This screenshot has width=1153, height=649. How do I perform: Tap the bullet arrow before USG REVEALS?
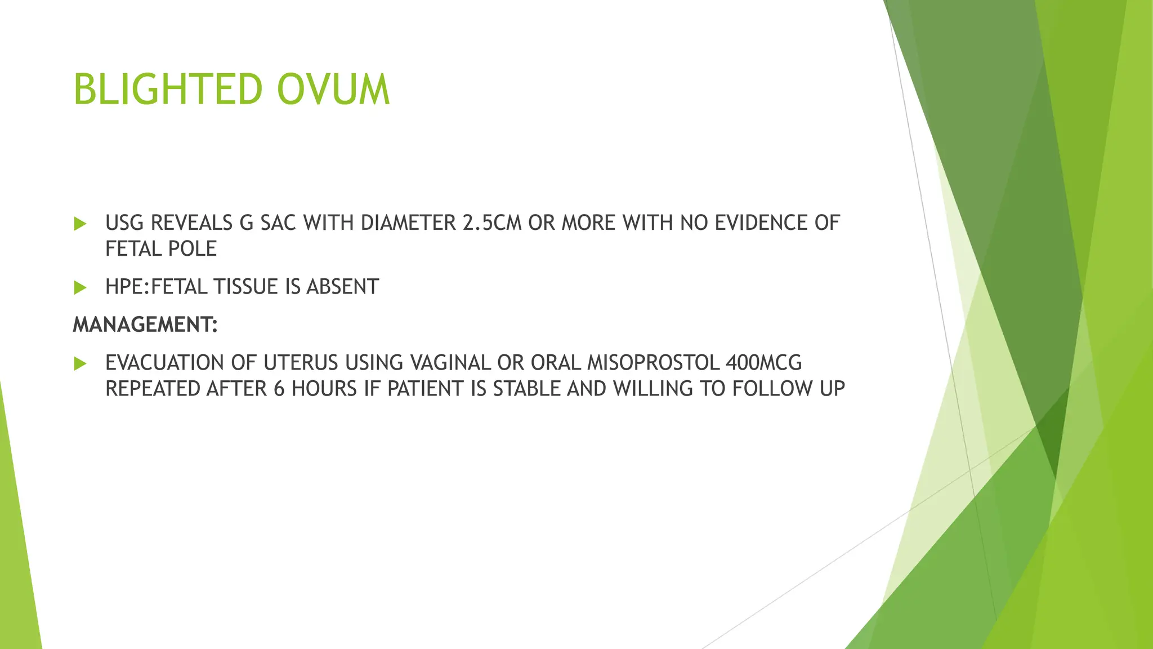[x=80, y=224]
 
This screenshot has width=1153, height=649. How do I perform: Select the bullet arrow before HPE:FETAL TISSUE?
[x=80, y=288]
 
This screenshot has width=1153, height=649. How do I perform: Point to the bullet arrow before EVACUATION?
[x=80, y=363]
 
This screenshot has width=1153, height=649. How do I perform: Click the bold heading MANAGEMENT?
[x=145, y=324]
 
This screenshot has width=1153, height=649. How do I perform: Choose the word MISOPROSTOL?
[x=653, y=363]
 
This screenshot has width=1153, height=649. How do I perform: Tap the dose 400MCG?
[x=763, y=363]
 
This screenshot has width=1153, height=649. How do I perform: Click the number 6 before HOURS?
[x=279, y=389]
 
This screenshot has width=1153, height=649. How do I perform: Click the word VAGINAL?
[x=450, y=363]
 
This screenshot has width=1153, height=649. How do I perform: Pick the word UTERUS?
[x=301, y=363]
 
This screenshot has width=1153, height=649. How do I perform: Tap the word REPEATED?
[x=153, y=389]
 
